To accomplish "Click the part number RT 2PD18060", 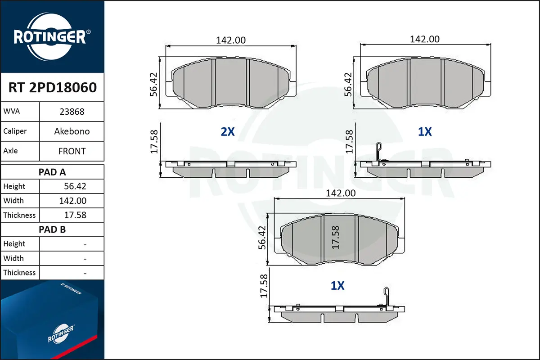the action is click(53, 87).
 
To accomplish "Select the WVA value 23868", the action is click(72, 112).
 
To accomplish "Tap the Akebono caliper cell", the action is click(72, 131).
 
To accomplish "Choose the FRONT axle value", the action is click(72, 151).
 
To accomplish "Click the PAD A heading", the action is click(52, 172).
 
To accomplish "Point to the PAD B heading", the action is click(52, 229).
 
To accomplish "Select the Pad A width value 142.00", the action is click(72, 201).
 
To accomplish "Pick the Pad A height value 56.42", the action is click(75, 186).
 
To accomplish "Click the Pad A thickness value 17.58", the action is click(75, 215).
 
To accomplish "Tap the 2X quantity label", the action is click(228, 132).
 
